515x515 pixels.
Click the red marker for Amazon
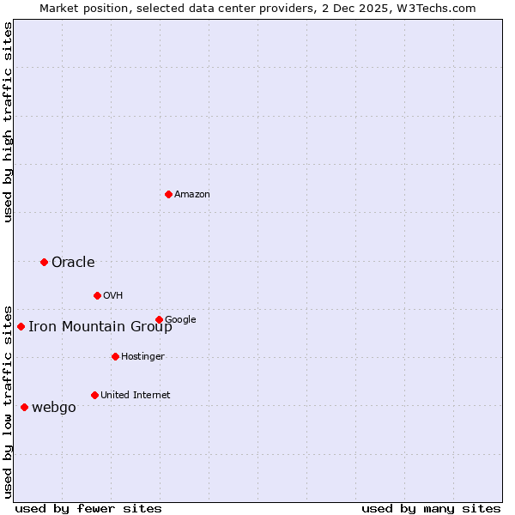click(168, 194)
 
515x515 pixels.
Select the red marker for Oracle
click(44, 262)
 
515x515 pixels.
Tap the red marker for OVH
click(97, 295)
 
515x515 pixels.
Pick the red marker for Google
click(159, 319)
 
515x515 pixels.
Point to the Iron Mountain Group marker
click(21, 326)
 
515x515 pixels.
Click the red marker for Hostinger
click(115, 356)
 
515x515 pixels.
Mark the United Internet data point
click(94, 395)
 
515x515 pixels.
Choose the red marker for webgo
click(24, 407)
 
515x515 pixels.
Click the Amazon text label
click(192, 195)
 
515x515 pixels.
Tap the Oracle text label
click(73, 263)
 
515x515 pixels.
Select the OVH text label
click(113, 296)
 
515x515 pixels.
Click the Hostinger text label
click(142, 357)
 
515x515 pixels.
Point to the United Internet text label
click(135, 396)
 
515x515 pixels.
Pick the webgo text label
click(53, 408)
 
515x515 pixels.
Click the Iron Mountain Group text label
click(100, 327)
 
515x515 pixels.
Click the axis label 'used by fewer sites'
click(88, 508)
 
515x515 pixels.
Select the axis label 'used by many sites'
click(431, 508)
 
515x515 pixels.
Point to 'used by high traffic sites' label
click(9, 122)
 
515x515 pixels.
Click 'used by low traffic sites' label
click(9, 401)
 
